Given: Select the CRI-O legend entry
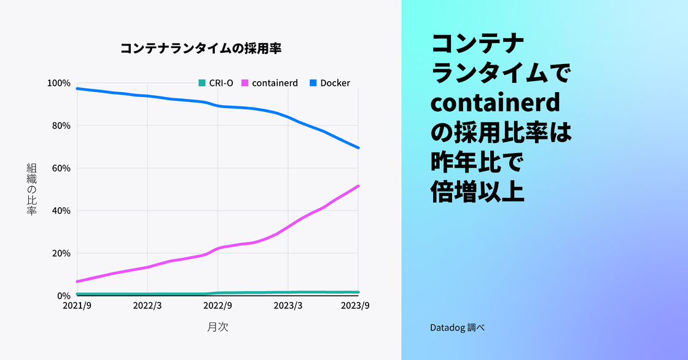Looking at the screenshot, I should click(216, 83).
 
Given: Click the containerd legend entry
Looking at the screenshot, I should click(270, 83).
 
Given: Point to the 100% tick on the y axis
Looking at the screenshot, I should click(60, 83).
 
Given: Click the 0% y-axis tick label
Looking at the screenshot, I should click(64, 295).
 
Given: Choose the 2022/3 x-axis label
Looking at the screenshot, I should click(147, 305).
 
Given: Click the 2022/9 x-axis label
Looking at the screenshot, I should click(217, 305).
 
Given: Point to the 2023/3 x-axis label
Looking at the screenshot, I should click(288, 305).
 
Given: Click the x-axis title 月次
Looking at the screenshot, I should click(217, 327).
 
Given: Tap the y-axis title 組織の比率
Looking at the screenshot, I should click(32, 189).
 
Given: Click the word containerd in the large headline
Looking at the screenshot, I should click(496, 104).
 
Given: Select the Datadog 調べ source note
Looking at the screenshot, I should click(458, 328).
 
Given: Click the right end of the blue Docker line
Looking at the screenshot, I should click(358, 147).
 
